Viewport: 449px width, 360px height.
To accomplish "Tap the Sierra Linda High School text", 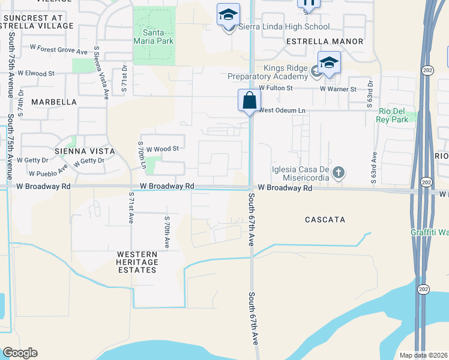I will [284, 26].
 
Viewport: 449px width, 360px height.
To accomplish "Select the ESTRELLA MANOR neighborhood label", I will [325, 41].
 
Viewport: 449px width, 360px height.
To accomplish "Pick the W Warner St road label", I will [338, 89].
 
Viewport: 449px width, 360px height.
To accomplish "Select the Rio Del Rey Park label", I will [393, 115].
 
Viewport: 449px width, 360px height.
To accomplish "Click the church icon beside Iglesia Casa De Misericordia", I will [339, 173].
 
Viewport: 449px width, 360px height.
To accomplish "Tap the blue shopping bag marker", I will [249, 101].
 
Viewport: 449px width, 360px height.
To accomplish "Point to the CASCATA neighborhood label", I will [325, 220].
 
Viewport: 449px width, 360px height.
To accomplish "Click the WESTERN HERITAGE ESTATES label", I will [137, 262].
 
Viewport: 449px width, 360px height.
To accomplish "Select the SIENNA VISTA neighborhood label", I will [83, 151].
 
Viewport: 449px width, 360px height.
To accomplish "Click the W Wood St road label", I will [163, 148].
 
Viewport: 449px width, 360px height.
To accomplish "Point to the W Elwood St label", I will [36, 73].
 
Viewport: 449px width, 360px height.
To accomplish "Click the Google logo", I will [20, 353].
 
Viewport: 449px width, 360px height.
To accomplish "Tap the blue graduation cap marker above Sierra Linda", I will [228, 14].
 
